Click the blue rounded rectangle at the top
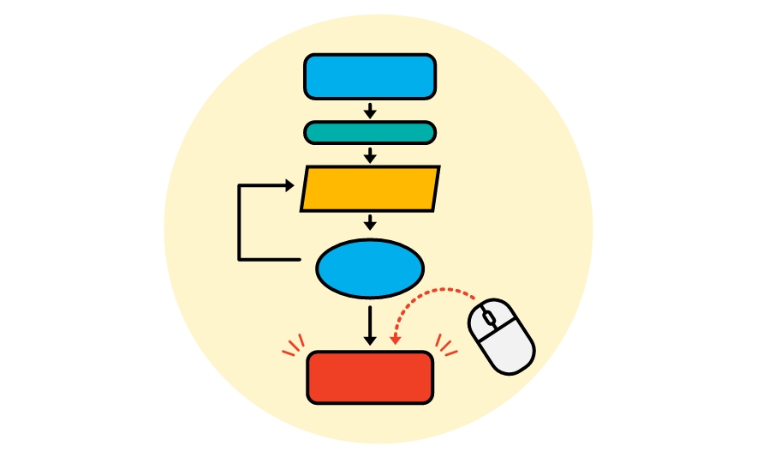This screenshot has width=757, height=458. [x=370, y=77]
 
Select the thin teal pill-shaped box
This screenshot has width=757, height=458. [x=370, y=132]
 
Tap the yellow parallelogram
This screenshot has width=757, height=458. [x=370, y=189]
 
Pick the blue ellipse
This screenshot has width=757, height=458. [x=370, y=269]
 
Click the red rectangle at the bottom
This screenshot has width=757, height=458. [x=370, y=377]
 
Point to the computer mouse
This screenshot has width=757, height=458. [x=502, y=336]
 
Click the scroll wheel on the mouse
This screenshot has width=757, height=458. [x=488, y=318]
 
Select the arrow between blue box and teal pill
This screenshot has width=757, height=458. [x=370, y=111]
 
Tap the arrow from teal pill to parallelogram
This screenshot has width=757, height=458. [x=370, y=155]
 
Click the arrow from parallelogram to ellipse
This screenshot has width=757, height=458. [x=370, y=222]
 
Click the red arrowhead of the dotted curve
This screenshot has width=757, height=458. [x=395, y=340]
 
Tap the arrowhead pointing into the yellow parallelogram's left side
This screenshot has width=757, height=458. [x=289, y=185]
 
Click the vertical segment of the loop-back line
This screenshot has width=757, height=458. [x=239, y=223]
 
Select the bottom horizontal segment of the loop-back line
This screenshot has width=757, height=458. [x=270, y=259]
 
